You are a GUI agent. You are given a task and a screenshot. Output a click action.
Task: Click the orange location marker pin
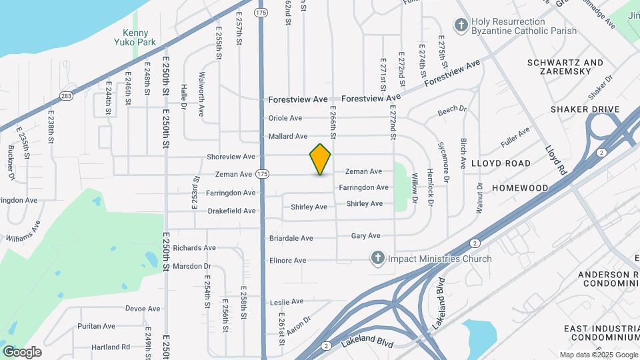pos(321,159)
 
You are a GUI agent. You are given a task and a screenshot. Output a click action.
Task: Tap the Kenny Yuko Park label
pos(139,37)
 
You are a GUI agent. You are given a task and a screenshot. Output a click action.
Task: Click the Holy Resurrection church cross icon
pos(460,25)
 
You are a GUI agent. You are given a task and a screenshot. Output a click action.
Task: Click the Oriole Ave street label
pos(285,118)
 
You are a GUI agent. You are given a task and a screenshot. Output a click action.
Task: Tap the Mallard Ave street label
pos(287,136)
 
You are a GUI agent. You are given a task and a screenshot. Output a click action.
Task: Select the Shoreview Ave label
pos(231,157)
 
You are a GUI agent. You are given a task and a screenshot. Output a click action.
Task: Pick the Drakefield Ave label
pos(231,211)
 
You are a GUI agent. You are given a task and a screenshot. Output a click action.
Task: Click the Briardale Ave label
pos(291,238)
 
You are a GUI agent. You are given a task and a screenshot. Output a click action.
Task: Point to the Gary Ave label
pos(365,236)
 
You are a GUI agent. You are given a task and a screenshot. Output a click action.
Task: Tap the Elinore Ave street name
pos(287,260)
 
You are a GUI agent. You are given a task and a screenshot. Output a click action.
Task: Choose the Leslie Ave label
pos(287,301)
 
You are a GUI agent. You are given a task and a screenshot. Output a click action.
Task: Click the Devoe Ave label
pos(143,309)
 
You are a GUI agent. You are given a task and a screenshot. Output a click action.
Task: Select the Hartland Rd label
pos(111,347)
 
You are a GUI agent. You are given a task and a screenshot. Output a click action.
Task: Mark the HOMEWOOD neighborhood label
pos(519,189)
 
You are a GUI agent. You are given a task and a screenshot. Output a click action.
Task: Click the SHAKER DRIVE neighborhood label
pos(585,109)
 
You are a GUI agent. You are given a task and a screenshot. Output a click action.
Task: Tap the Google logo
pos(22,351)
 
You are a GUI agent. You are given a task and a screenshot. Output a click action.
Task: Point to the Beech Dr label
pos(452,110)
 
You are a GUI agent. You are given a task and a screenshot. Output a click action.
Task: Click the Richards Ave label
pos(194,247)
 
